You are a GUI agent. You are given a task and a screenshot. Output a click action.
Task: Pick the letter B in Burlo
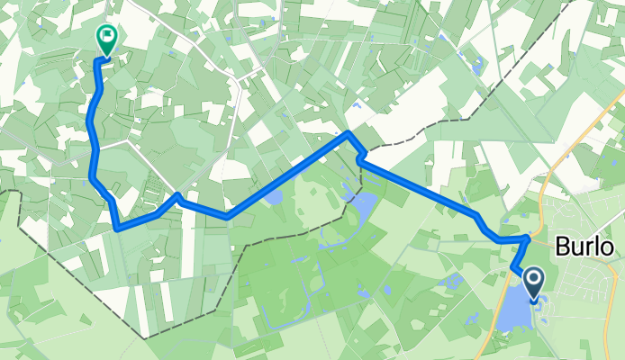point(563,247)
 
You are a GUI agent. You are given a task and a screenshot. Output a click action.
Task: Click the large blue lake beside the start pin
point(514,310)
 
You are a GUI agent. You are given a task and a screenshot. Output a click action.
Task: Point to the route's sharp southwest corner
point(118,229)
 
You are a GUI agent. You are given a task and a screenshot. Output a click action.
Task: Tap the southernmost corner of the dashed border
point(144,337)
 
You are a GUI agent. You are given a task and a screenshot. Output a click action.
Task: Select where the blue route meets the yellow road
point(528,238)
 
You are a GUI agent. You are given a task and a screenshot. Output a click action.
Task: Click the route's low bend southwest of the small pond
point(227,216)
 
